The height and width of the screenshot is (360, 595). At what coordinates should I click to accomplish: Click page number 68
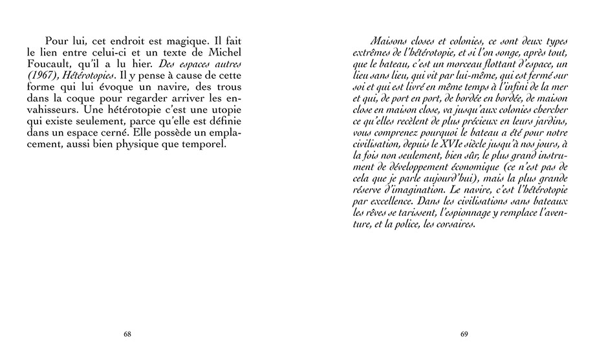tap(127, 334)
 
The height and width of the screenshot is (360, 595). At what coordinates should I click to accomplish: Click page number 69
tap(464, 334)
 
